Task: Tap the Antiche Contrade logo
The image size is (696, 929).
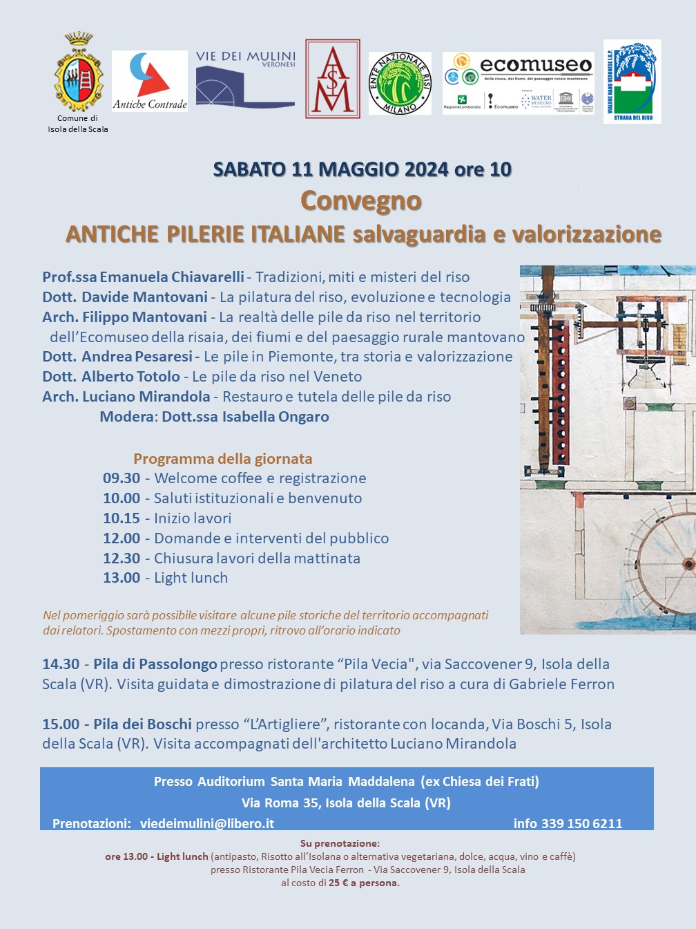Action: (150, 81)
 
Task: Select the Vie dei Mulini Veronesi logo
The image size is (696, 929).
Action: (245, 79)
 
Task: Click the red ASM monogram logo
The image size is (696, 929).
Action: (333, 79)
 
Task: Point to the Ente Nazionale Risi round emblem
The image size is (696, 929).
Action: (400, 83)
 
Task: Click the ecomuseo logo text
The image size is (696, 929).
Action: (536, 66)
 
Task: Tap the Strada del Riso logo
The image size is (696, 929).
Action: (632, 82)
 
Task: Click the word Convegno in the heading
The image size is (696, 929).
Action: (361, 200)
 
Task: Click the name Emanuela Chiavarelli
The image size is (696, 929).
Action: (172, 277)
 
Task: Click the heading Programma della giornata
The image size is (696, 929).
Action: (222, 459)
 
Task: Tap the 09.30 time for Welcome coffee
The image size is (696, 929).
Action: (122, 478)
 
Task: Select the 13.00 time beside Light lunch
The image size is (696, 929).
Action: (122, 578)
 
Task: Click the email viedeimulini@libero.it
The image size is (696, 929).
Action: (207, 823)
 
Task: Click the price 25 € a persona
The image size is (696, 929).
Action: (364, 883)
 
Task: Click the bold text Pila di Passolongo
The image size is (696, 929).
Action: (155, 664)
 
